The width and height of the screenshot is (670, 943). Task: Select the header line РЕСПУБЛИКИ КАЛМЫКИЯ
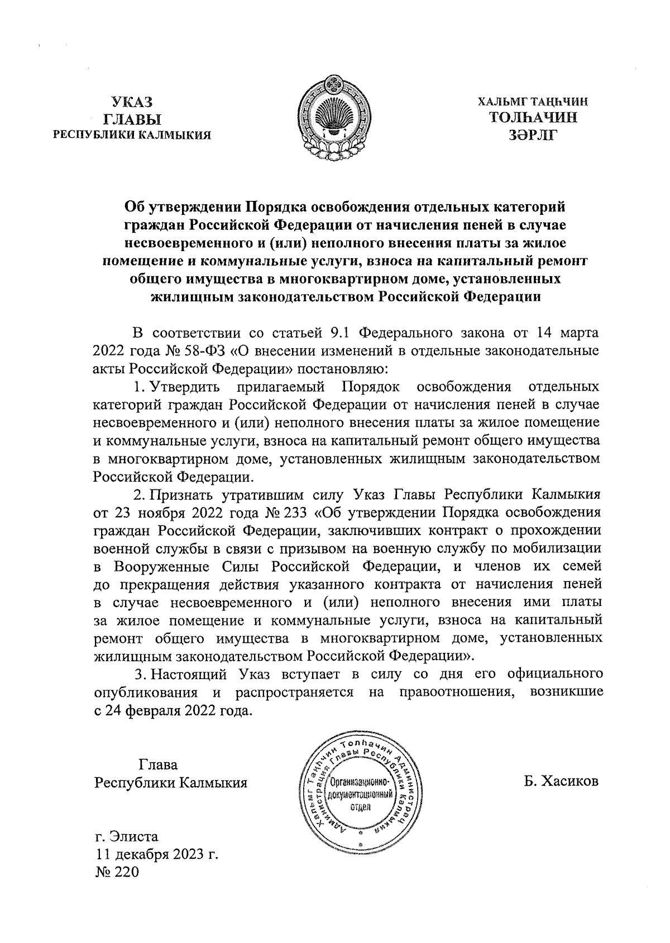pyautogui.click(x=132, y=134)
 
